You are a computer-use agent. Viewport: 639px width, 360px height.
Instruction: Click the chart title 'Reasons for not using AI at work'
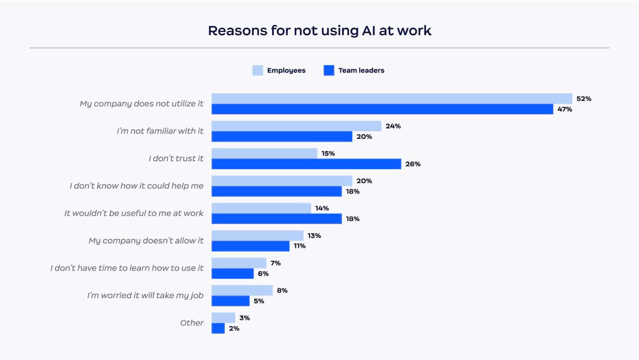click(320, 30)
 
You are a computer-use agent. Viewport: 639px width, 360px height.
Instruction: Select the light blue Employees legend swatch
click(257, 70)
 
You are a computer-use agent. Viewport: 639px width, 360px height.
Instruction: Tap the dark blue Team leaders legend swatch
click(328, 70)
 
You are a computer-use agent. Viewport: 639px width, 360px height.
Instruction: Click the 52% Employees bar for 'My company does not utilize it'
click(391, 99)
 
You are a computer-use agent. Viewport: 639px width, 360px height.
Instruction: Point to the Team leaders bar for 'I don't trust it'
click(306, 164)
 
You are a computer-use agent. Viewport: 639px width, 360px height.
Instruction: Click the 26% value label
click(413, 164)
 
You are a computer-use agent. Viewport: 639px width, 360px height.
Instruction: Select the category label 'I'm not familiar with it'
click(160, 131)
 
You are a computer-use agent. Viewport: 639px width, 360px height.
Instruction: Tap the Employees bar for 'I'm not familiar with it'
click(296, 126)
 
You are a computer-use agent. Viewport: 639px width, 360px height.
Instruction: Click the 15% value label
click(328, 153)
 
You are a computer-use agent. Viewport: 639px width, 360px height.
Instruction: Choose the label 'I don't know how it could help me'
click(137, 186)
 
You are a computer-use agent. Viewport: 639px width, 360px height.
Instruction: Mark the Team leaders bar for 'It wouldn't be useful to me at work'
click(276, 219)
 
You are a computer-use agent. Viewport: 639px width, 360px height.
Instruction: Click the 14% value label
click(322, 208)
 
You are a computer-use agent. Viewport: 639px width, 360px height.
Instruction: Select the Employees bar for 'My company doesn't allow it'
click(257, 235)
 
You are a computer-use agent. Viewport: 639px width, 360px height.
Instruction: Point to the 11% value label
click(299, 246)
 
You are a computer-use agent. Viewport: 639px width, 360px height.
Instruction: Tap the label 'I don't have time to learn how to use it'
click(127, 268)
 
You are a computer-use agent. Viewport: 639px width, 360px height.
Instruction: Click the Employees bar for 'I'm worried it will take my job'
click(242, 290)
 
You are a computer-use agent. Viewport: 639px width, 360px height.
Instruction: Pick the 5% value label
click(259, 301)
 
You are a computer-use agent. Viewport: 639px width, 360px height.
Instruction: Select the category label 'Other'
click(192, 323)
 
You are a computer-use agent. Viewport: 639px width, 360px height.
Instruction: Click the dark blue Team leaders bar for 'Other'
click(218, 329)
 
